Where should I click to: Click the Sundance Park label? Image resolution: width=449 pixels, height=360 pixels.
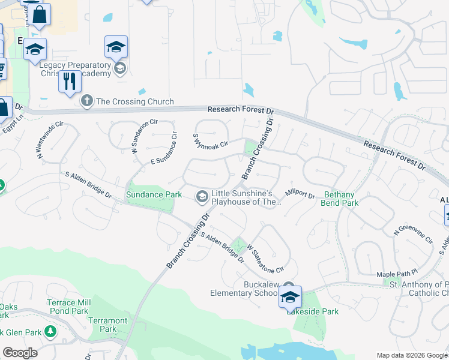(153, 195)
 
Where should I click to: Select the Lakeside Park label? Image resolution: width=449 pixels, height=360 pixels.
(312, 311)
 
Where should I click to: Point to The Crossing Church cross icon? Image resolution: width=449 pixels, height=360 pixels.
(87, 101)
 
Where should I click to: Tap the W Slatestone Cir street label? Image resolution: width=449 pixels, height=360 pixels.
(264, 257)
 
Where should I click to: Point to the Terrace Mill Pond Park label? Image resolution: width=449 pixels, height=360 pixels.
(71, 307)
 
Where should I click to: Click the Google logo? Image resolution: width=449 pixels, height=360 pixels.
(20, 353)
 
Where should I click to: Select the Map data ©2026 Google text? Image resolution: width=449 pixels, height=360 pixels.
(412, 355)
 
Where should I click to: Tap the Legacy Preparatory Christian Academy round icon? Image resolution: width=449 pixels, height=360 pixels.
(120, 68)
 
